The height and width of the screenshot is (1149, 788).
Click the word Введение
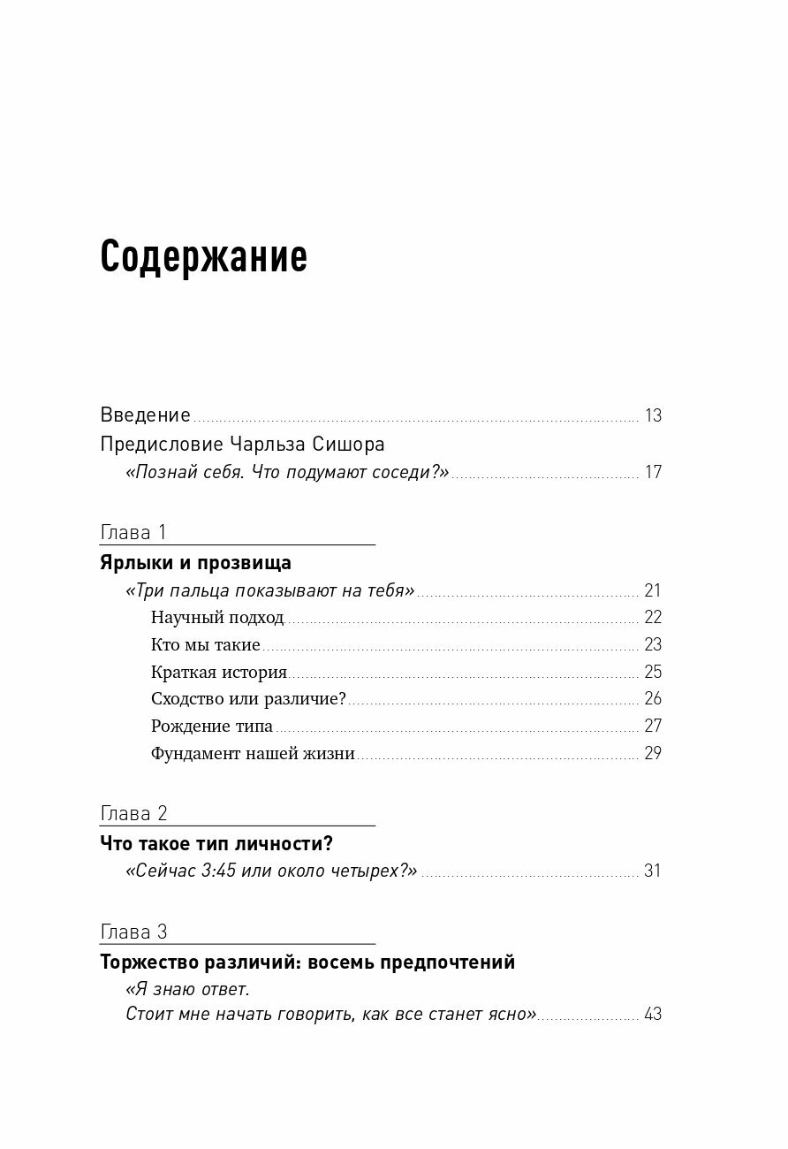pos(146,415)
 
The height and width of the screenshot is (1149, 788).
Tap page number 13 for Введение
pos(653,415)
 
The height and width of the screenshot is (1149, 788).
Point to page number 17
pos(653,472)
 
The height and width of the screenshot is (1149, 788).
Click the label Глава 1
pos(134,533)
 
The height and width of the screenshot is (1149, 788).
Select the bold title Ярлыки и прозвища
pos(196,563)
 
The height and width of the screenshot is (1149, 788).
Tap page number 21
pos(653,591)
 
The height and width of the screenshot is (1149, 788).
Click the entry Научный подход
pos(217,618)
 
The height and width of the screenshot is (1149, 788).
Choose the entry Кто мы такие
pos(205,645)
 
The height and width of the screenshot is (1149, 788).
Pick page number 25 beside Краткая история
pos(653,672)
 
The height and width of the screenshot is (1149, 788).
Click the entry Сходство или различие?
pos(248,699)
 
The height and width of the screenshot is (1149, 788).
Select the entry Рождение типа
pos(211,727)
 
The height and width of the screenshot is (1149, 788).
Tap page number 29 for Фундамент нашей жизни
pos(653,754)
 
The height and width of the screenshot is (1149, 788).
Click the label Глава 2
pos(134,814)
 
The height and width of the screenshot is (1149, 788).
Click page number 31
pos(653,871)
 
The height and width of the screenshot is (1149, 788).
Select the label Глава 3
pos(134,932)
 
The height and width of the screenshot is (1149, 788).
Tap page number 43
pos(653,1014)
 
